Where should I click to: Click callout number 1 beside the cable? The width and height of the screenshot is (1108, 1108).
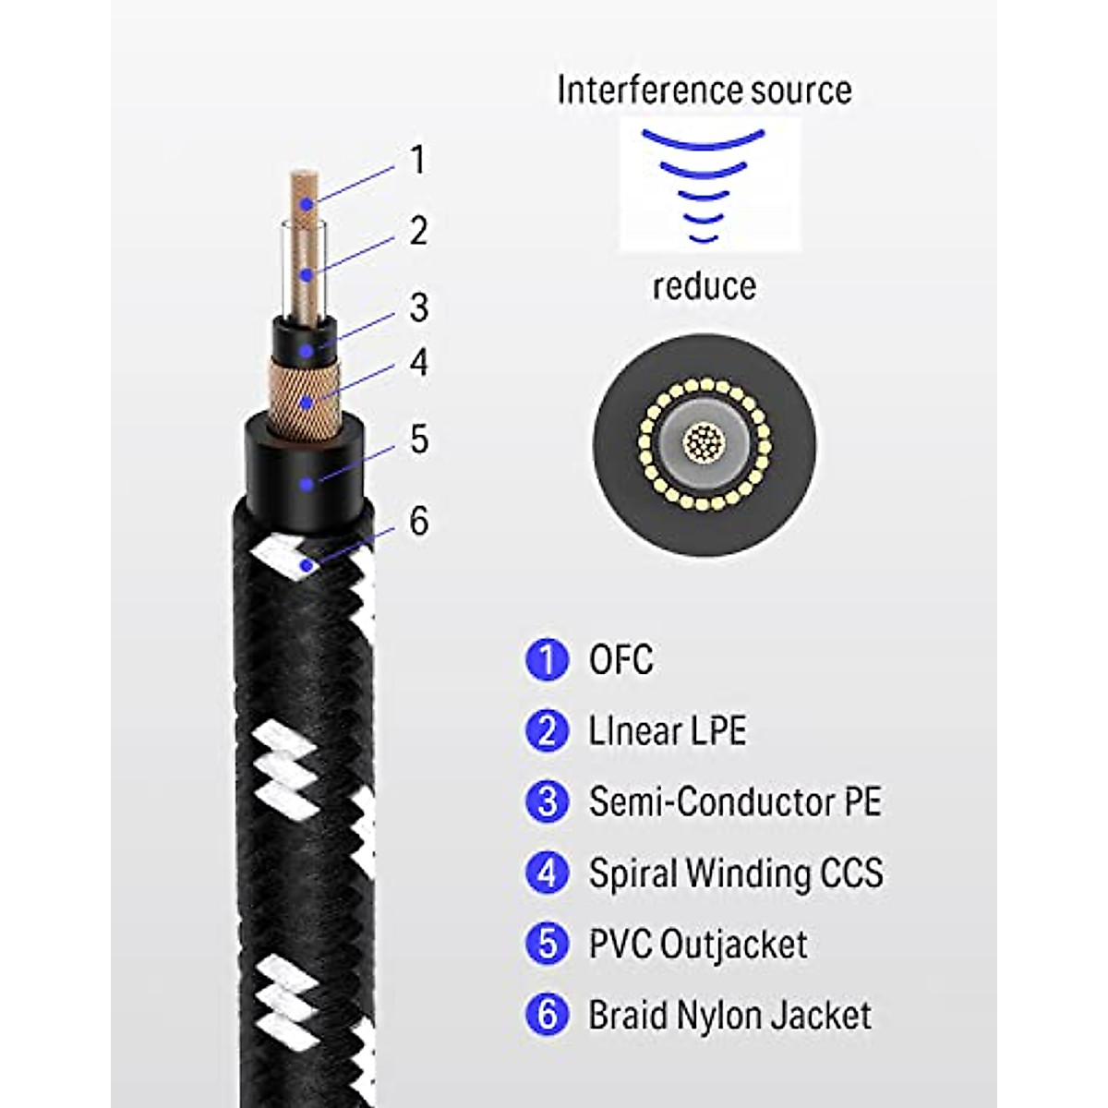(418, 160)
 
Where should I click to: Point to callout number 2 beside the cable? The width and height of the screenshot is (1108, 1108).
(418, 230)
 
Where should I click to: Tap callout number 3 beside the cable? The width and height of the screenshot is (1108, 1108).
(419, 307)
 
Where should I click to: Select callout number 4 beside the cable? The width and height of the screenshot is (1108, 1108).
(419, 362)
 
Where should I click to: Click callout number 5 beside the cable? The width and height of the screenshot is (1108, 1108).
(419, 439)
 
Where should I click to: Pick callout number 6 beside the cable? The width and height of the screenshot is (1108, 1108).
(419, 522)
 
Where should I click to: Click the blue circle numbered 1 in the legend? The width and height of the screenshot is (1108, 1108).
(548, 660)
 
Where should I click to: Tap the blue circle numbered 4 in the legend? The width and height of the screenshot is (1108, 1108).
(548, 873)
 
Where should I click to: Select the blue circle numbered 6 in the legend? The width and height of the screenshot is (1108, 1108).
(548, 1014)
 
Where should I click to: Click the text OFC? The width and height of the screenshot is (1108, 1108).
(620, 660)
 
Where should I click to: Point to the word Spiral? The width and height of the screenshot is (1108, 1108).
(632, 873)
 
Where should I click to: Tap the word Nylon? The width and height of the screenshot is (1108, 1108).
(717, 1015)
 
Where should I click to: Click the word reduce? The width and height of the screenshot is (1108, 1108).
(704, 286)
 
